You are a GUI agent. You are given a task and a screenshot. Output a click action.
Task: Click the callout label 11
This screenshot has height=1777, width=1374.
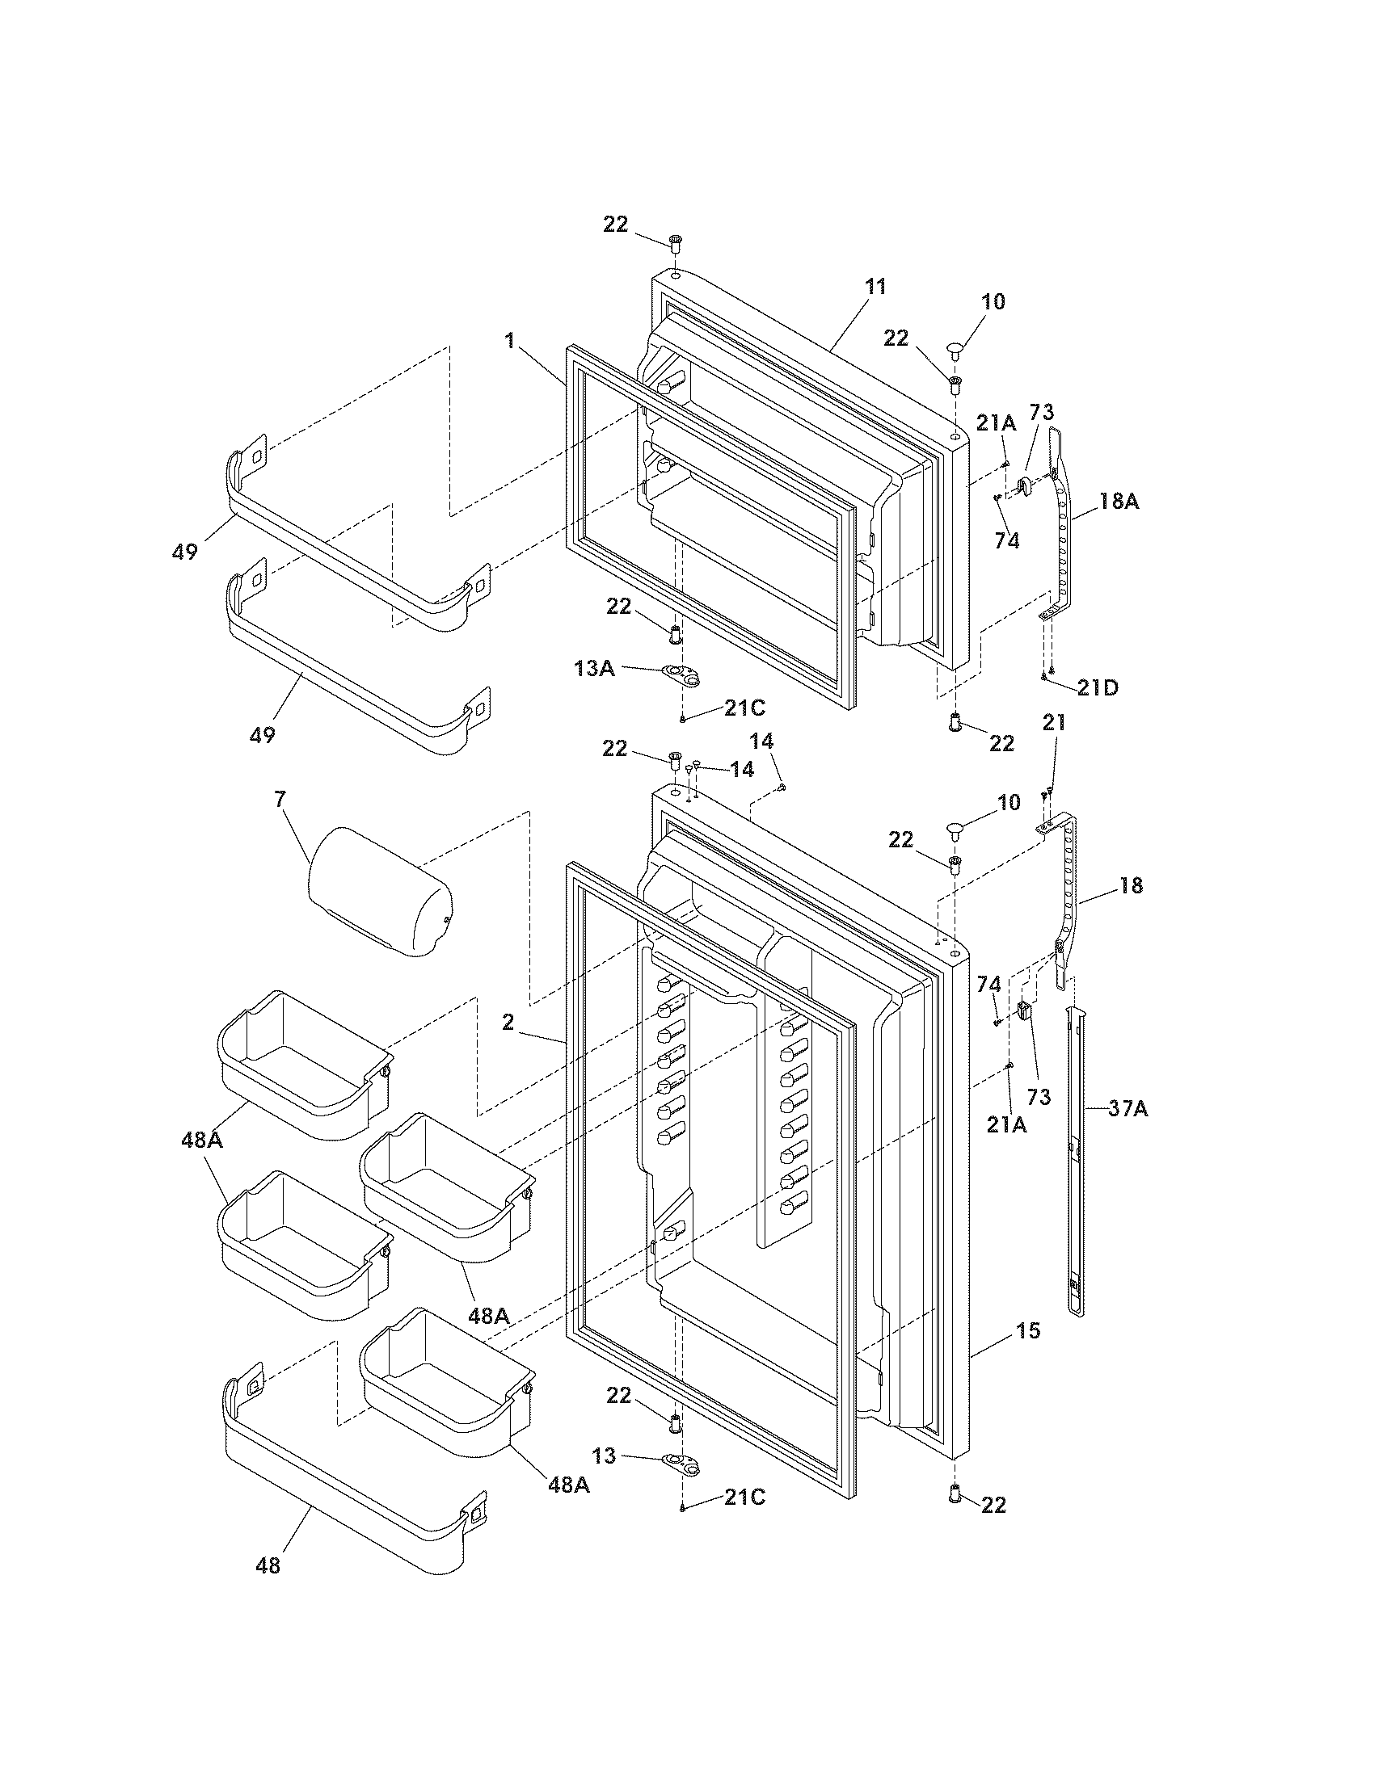pyautogui.click(x=876, y=287)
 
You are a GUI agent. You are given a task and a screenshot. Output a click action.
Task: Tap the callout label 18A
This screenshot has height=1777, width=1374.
pyautogui.click(x=1119, y=502)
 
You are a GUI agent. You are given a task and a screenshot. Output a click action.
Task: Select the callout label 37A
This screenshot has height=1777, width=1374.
pyautogui.click(x=1127, y=1107)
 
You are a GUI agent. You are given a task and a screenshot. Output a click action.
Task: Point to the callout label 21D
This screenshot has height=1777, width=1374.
pyautogui.click(x=1098, y=687)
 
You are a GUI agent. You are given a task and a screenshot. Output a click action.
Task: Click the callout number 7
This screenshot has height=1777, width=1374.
pyautogui.click(x=280, y=799)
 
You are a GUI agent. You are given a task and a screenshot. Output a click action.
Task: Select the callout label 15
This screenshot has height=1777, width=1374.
pyautogui.click(x=1028, y=1331)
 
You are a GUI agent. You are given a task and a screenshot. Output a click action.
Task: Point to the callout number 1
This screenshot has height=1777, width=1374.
pyautogui.click(x=509, y=340)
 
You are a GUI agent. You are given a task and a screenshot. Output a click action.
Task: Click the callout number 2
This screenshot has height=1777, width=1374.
pyautogui.click(x=508, y=1023)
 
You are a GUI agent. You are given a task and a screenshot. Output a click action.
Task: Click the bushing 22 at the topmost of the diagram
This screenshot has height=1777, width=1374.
pyautogui.click(x=676, y=242)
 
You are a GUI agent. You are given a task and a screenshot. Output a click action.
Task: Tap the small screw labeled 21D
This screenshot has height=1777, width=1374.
pyautogui.click(x=1044, y=676)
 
